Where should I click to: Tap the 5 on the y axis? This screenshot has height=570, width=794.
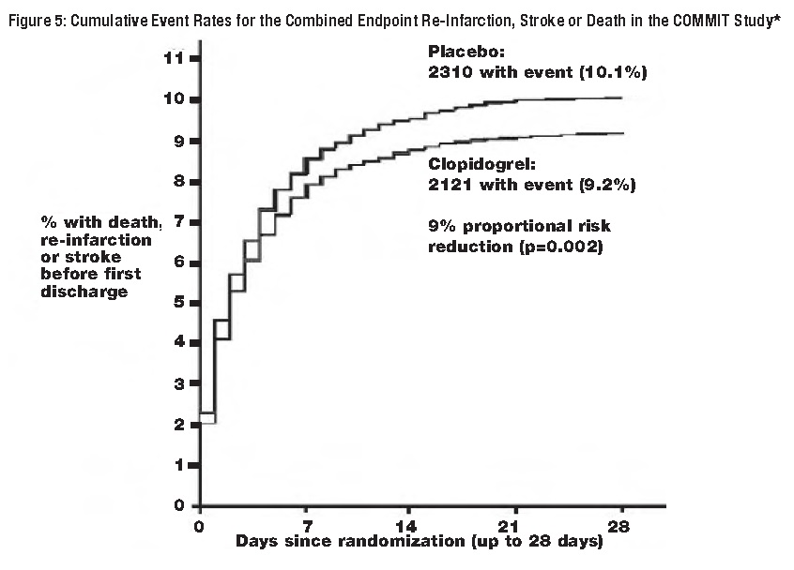click(x=176, y=303)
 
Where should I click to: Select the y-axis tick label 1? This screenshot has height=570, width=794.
click(x=176, y=466)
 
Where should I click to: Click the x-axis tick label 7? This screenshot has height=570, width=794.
click(x=306, y=525)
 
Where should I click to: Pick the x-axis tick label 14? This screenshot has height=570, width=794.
click(x=410, y=525)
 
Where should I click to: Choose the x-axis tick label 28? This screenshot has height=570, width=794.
click(x=619, y=525)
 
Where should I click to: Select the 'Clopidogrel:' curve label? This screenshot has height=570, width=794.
click(x=478, y=164)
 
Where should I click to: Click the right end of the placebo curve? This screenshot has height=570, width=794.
click(x=621, y=97)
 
